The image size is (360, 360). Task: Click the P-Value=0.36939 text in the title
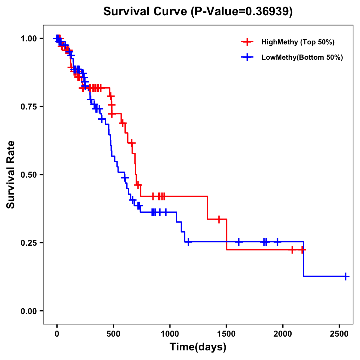(242, 12)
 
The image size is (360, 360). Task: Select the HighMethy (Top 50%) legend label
(298, 42)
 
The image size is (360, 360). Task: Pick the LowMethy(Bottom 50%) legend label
(302, 58)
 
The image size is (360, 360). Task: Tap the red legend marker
(247, 42)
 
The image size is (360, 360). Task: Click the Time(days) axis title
(198, 347)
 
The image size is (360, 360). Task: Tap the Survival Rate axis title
(11, 175)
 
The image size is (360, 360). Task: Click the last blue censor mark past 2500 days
(346, 276)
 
